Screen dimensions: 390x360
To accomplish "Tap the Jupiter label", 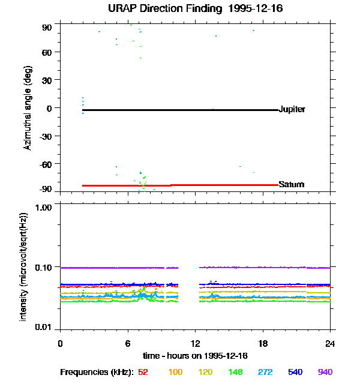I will coord(292,109).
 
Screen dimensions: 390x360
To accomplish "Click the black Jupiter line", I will coord(180,110).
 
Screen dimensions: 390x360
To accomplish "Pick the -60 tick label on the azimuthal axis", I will coord(46,163).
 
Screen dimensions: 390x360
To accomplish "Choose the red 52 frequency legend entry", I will coord(143,372).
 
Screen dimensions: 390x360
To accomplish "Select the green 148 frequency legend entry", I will coord(235,372).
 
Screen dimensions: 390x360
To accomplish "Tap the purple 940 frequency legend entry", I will coord(325,372).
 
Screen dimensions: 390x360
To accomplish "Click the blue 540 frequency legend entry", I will coord(295,372).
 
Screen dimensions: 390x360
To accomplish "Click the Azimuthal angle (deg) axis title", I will coord(27,108).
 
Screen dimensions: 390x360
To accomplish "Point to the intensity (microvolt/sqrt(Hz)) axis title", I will coord(24,266).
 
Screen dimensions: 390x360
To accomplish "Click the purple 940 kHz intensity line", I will coord(264,267).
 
